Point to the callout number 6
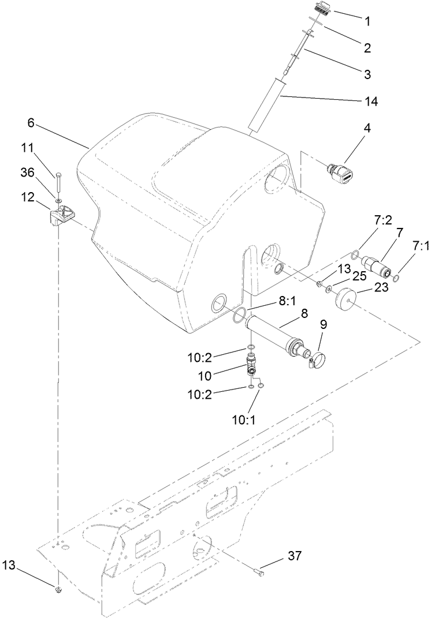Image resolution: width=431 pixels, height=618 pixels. [x=31, y=123]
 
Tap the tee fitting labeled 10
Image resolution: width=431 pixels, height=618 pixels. [x=253, y=366]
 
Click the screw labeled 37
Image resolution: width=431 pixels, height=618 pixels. [x=259, y=573]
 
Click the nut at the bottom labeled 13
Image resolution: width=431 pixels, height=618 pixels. [x=59, y=589]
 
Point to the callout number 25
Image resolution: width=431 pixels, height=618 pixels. [x=359, y=277]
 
